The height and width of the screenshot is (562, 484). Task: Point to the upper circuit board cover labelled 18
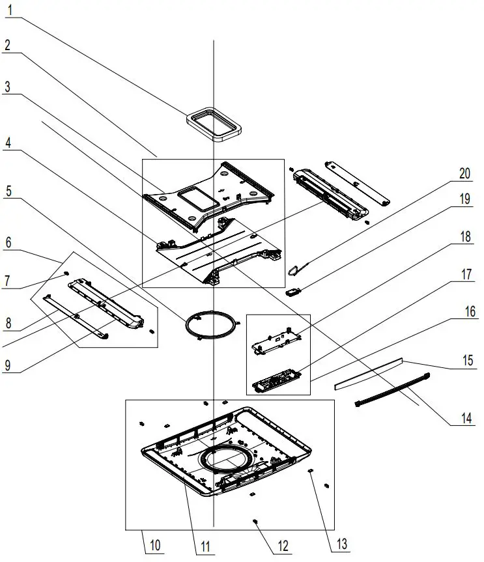[x=277, y=337]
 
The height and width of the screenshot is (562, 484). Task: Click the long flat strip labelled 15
[x=368, y=371]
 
